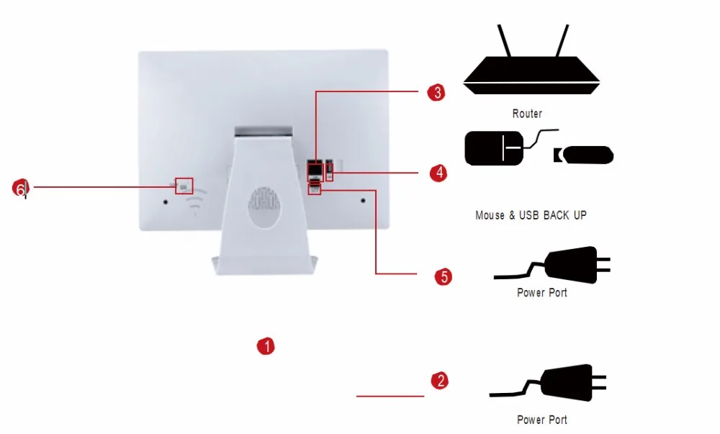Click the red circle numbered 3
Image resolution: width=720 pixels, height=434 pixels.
click(435, 92)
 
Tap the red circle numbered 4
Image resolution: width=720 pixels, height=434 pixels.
click(438, 173)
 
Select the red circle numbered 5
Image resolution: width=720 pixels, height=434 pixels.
click(444, 276)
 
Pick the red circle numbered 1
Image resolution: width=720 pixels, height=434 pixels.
click(266, 346)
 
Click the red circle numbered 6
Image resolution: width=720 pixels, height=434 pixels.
click(21, 188)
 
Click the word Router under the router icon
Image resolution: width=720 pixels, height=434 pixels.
click(527, 114)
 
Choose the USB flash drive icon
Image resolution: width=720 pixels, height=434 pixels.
click(585, 154)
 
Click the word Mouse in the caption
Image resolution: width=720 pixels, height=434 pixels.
click(490, 215)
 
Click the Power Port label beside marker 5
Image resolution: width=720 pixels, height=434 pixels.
click(541, 293)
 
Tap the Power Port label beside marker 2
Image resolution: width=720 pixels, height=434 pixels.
click(541, 420)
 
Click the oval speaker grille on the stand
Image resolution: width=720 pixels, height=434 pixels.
click(263, 207)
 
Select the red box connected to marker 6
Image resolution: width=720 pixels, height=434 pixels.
click(184, 185)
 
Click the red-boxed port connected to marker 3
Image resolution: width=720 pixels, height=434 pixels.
click(315, 171)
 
